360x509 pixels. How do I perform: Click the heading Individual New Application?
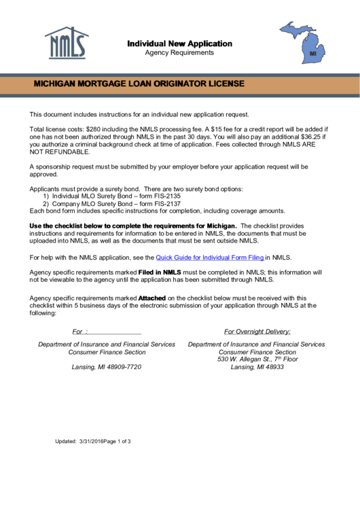(179, 43)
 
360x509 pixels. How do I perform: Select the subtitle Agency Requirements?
(179, 52)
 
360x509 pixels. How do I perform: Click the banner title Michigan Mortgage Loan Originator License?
(139, 84)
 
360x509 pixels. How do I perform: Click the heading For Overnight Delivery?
(257, 332)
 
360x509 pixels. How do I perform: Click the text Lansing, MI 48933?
(257, 367)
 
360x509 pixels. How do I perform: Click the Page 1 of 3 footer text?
(117, 442)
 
